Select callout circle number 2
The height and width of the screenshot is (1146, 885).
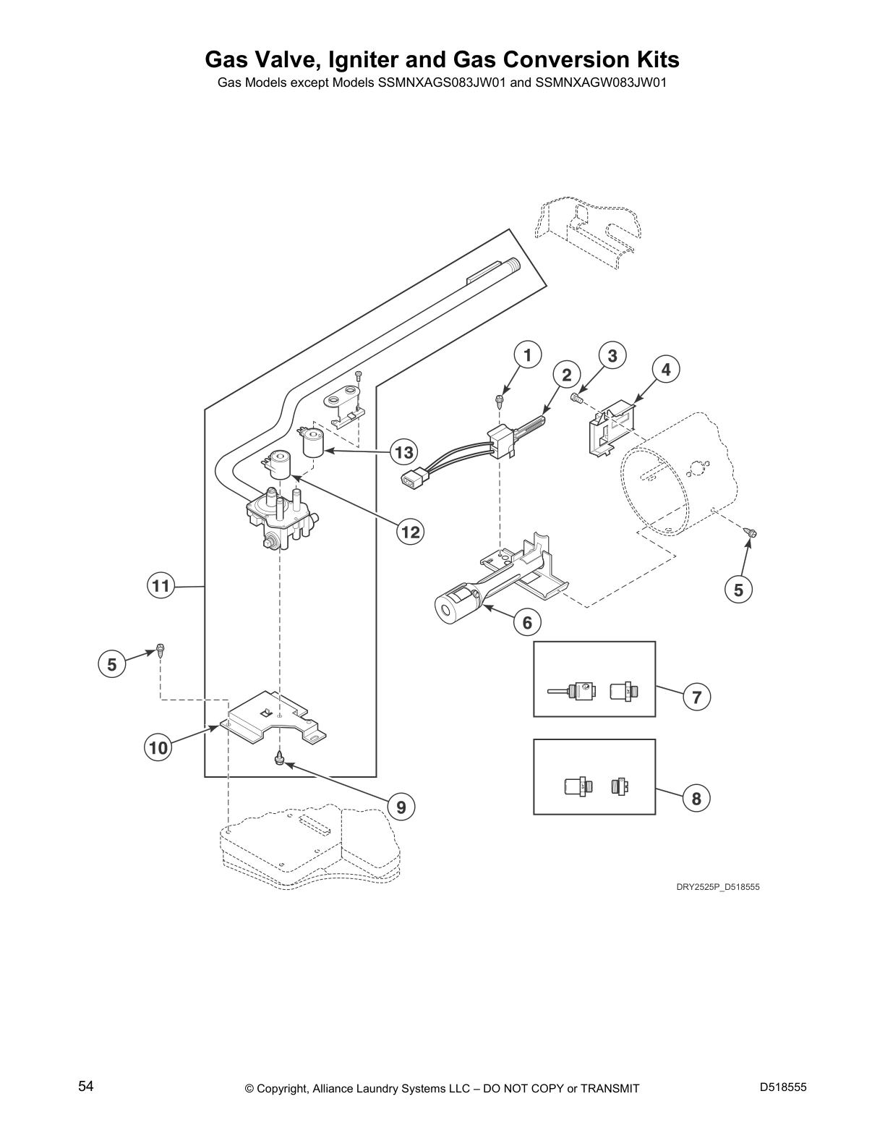pyautogui.click(x=567, y=374)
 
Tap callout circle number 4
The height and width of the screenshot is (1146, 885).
pyautogui.click(x=666, y=370)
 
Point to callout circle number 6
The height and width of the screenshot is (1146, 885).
pyautogui.click(x=527, y=622)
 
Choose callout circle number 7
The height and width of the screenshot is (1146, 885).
pyautogui.click(x=696, y=697)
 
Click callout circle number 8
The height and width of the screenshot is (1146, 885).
pyautogui.click(x=696, y=798)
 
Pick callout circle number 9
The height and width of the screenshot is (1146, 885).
pyautogui.click(x=401, y=806)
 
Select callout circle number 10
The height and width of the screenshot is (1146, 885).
pyautogui.click(x=158, y=747)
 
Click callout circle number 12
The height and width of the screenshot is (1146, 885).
pyautogui.click(x=410, y=532)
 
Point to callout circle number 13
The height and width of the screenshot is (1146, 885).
pyautogui.click(x=404, y=453)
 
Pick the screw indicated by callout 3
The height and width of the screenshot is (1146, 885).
pyautogui.click(x=577, y=397)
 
